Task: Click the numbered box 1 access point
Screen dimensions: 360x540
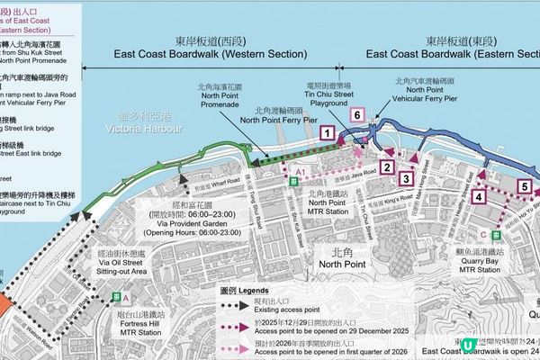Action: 328,133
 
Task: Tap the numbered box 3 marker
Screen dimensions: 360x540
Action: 407,179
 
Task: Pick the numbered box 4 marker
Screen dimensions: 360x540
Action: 480,197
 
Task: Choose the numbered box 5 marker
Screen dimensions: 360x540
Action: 525,188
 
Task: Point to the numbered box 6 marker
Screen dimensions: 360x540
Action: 357,116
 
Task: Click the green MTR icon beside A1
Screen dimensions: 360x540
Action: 294,182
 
